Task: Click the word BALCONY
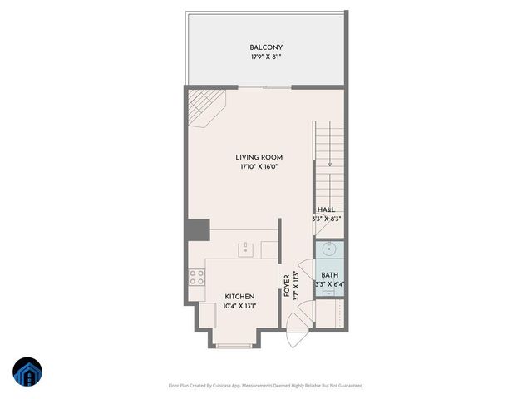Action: click(265, 47)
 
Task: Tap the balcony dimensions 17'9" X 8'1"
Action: click(265, 58)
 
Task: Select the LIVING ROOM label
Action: click(259, 157)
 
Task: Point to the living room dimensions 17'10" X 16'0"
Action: click(259, 167)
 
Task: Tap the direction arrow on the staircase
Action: click(330, 162)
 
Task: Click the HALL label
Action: click(327, 210)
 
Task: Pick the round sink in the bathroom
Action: click(328, 248)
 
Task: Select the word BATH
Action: click(329, 275)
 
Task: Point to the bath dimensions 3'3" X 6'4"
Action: click(329, 285)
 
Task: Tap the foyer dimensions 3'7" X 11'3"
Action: click(297, 285)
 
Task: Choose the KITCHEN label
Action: click(239, 297)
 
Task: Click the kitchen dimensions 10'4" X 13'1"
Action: click(239, 306)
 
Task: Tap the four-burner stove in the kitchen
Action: click(197, 278)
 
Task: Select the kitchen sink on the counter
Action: click(246, 249)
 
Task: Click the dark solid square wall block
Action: click(198, 229)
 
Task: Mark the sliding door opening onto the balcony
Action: click(266, 86)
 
